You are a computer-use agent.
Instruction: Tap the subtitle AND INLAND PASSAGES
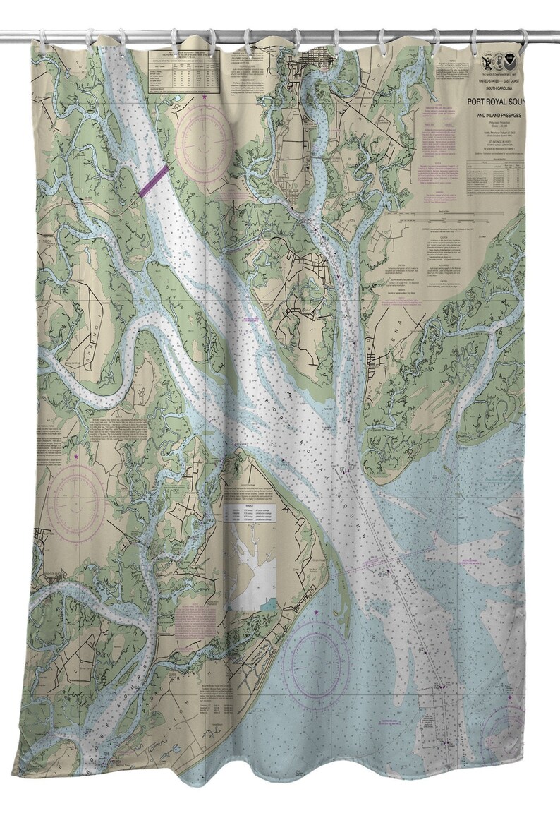pos(497,116)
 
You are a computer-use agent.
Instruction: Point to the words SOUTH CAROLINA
pos(497,90)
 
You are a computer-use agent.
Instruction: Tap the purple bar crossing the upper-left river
pos(153,181)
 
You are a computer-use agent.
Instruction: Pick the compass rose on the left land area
pos(76,507)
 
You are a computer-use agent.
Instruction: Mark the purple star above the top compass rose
pos(205,96)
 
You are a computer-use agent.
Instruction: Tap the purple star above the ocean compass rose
pos(317,611)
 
